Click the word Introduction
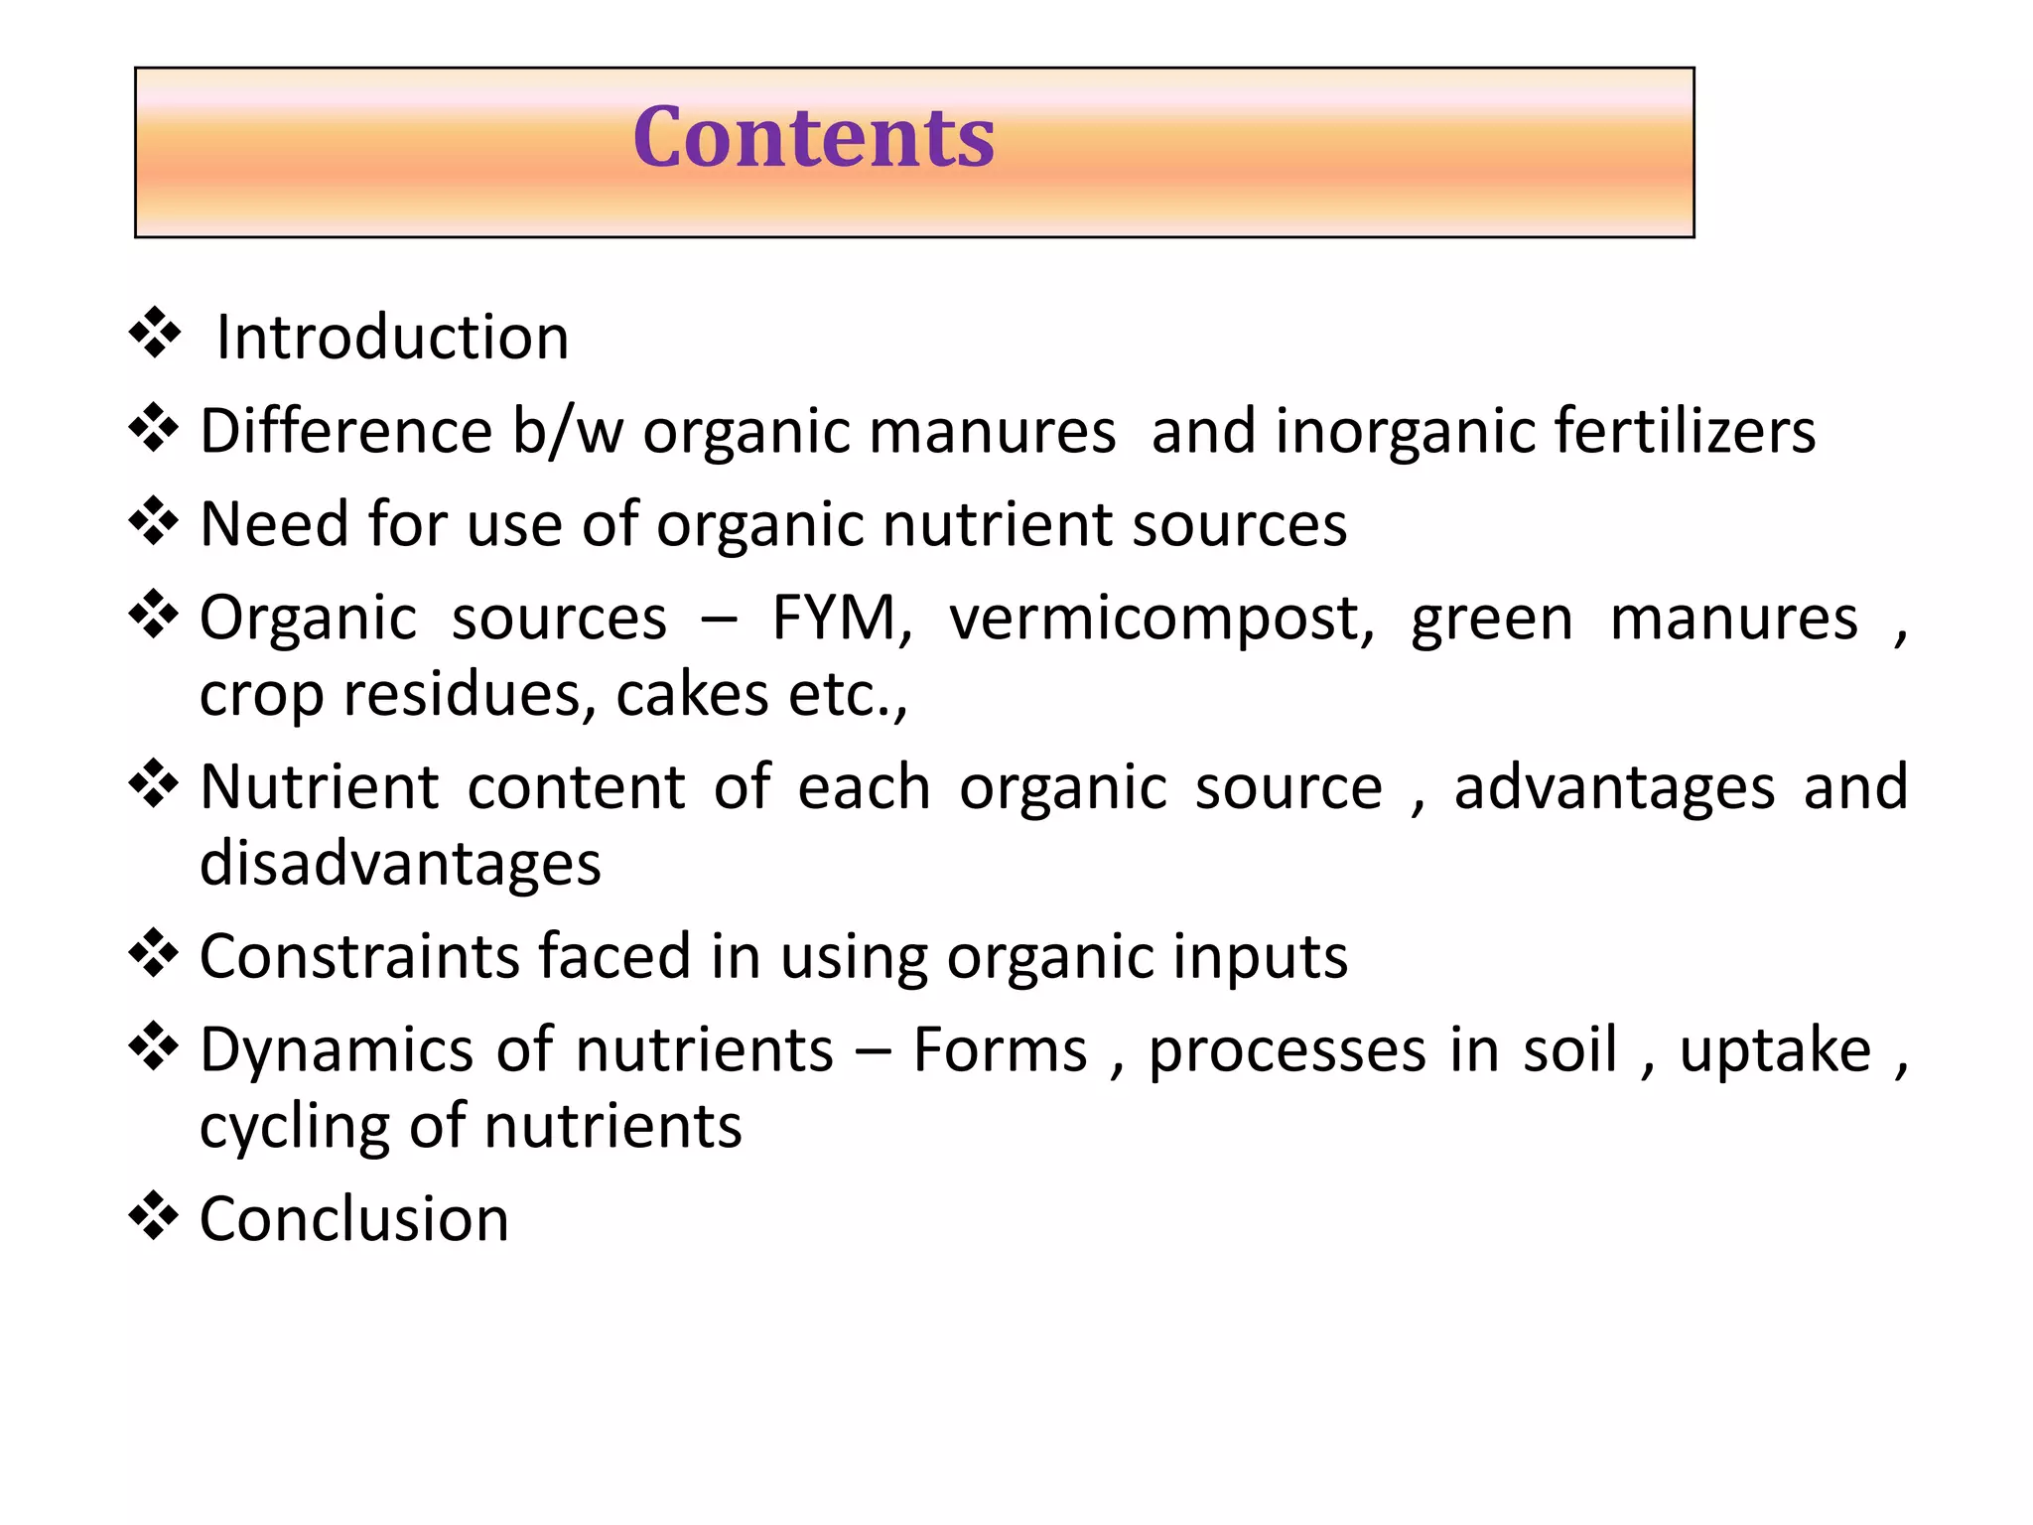[x=393, y=338]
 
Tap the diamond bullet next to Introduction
[x=155, y=333]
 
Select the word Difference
[x=346, y=431]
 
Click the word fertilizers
[x=1685, y=431]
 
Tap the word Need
[x=274, y=524]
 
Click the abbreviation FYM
[x=841, y=619]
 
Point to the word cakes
[x=692, y=694]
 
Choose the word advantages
[x=1614, y=788]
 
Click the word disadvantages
[x=400, y=863]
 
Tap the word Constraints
[x=359, y=957]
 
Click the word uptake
[x=1775, y=1051]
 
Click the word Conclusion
[x=354, y=1219]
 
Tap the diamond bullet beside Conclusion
[x=154, y=1215]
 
